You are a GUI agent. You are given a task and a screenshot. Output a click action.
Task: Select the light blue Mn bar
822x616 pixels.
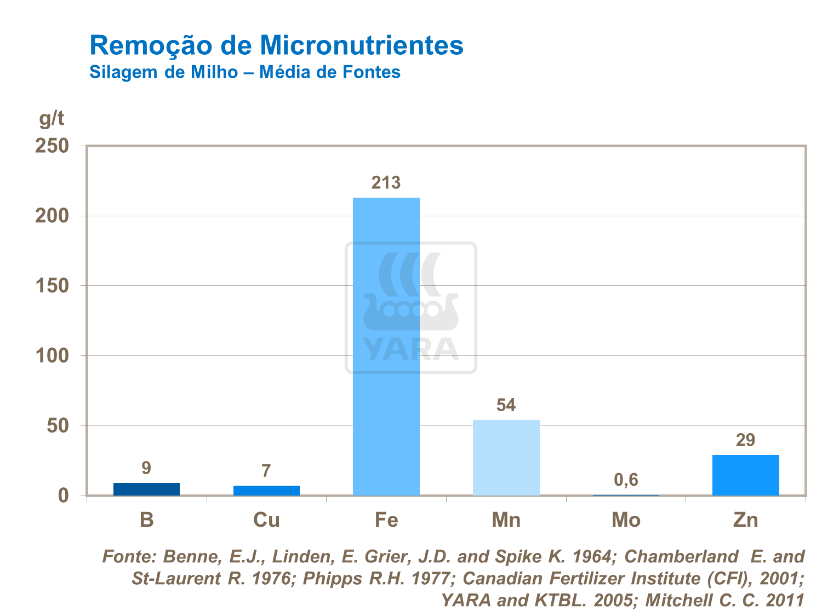pyautogui.click(x=506, y=458)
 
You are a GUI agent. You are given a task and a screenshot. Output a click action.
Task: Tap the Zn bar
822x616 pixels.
pyautogui.click(x=745, y=475)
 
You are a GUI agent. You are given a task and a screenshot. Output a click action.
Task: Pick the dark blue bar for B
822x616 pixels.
pyautogui.click(x=146, y=489)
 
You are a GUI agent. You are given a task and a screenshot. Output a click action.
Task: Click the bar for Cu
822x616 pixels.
pyautogui.click(x=266, y=490)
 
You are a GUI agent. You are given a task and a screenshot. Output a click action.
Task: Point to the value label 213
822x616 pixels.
pyautogui.click(x=386, y=183)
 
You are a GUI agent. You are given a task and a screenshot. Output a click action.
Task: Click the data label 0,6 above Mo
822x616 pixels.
pyautogui.click(x=626, y=480)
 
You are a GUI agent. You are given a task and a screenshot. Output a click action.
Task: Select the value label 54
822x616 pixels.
pyautogui.click(x=506, y=405)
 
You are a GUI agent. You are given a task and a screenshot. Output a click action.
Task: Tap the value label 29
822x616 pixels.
pyautogui.click(x=745, y=440)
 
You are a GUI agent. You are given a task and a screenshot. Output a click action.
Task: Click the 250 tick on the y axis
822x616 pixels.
pyautogui.click(x=52, y=146)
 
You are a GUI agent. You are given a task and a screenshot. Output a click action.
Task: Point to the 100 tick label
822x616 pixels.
pyautogui.click(x=52, y=356)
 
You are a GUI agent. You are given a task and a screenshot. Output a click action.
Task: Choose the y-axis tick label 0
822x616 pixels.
pyautogui.click(x=64, y=496)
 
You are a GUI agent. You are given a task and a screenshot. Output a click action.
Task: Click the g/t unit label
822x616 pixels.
pyautogui.click(x=52, y=118)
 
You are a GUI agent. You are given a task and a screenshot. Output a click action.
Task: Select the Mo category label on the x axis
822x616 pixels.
pyautogui.click(x=626, y=520)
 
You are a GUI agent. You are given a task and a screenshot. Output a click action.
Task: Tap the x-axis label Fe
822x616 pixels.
pyautogui.click(x=386, y=520)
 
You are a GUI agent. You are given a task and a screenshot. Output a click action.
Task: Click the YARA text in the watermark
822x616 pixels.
pyautogui.click(x=410, y=349)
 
